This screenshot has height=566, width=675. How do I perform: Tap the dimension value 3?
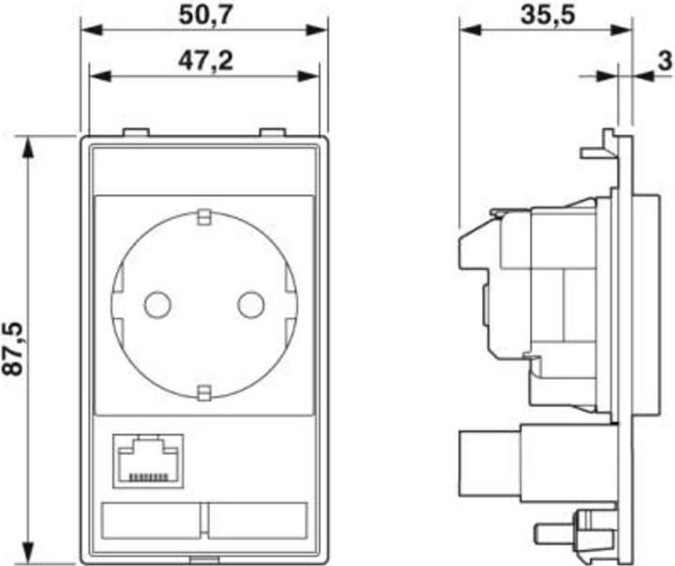click(x=664, y=62)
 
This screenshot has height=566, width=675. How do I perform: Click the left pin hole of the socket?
click(x=157, y=304)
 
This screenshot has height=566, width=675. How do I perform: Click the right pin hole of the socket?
click(x=250, y=304)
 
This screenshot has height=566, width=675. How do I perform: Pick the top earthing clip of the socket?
click(x=203, y=219)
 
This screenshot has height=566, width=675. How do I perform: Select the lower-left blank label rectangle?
click(x=152, y=519)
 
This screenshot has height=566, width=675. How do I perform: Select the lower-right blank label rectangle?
click(x=259, y=519)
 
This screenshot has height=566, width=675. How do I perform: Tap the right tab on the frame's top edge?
click(x=273, y=134)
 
